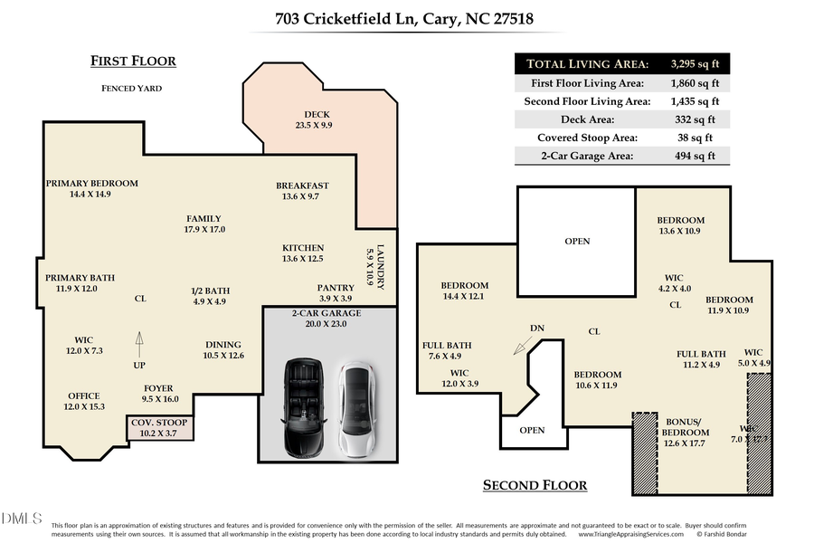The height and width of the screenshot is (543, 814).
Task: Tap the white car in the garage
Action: [355, 408]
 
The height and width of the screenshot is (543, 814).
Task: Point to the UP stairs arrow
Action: [139, 341]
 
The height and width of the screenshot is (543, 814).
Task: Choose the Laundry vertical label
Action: [381, 267]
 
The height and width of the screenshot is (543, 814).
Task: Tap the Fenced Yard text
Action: [131, 89]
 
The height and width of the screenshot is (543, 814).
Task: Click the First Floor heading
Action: [133, 62]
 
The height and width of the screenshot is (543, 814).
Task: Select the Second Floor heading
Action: [535, 485]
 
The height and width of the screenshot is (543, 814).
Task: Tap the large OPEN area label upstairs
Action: [577, 241]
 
